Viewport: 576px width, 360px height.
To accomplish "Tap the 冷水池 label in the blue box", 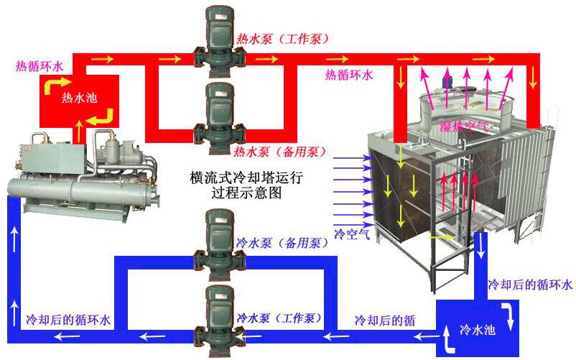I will click(478, 331).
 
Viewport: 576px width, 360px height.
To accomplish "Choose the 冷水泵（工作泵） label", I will click(279, 318).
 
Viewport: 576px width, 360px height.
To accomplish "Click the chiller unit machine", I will click(83, 172).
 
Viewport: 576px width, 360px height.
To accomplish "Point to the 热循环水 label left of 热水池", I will click(40, 66).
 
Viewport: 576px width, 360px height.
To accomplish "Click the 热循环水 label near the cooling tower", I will click(349, 74).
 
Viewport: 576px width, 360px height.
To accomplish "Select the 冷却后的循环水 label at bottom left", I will click(68, 318).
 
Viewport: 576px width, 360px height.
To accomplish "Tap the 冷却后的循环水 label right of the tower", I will click(530, 285).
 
